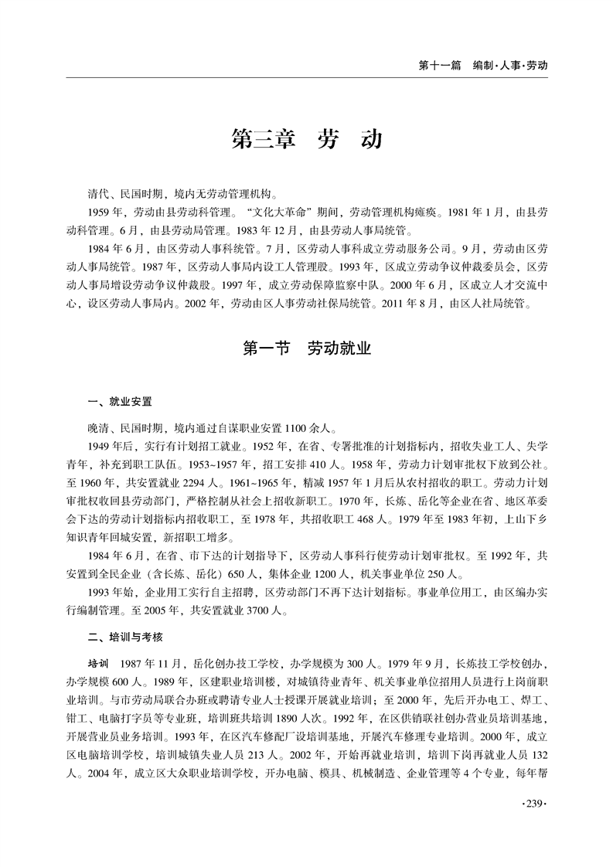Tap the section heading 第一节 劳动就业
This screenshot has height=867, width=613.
(x=307, y=349)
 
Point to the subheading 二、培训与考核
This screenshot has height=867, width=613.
(x=125, y=637)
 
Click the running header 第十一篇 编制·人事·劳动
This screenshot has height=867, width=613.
(x=482, y=66)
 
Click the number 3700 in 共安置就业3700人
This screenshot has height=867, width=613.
(x=259, y=610)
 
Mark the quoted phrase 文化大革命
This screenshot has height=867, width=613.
(x=287, y=212)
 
